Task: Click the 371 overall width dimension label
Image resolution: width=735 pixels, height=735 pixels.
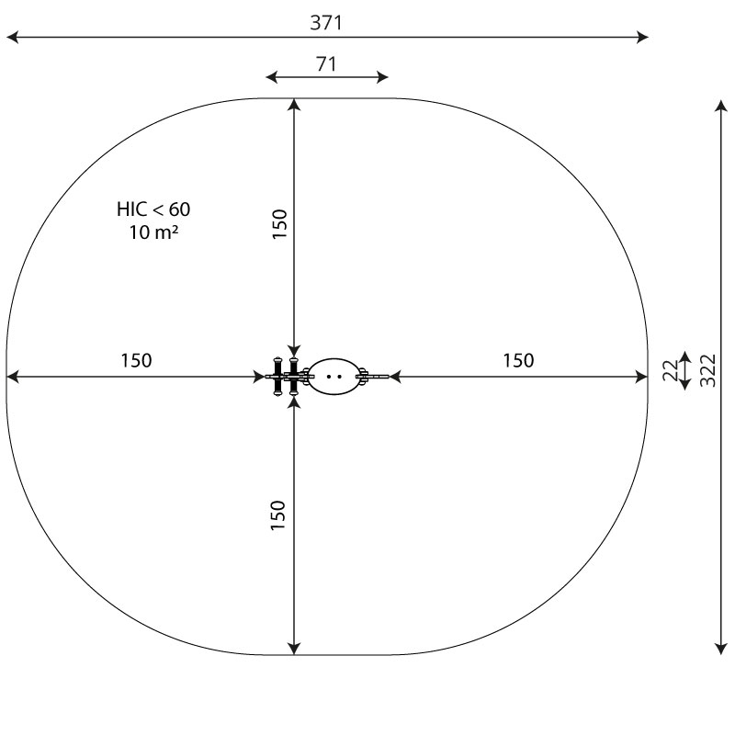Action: point(326,22)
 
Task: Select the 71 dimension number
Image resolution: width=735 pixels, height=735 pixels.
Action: point(326,63)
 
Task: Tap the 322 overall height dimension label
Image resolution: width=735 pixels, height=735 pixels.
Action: point(707,370)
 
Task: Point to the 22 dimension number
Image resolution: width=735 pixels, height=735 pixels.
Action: point(671,370)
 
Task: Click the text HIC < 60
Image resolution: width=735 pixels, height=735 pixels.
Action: point(153,209)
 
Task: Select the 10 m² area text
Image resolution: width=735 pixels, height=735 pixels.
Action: point(153,232)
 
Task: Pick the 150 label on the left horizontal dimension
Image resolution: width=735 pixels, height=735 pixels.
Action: point(136,360)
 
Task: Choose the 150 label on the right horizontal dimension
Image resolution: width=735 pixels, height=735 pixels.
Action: point(518,360)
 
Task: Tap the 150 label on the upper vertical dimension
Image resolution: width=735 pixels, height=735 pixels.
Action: point(279,224)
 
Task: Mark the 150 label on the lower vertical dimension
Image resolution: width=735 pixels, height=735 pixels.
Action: point(278,515)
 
